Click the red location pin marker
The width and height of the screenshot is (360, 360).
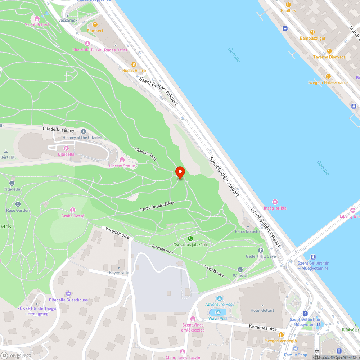coord(180,172)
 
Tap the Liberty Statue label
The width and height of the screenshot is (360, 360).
coord(122,166)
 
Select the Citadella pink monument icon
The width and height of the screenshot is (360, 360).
coord(66,148)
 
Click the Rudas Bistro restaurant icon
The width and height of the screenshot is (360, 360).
coord(134,64)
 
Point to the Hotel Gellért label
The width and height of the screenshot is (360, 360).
coord(262,310)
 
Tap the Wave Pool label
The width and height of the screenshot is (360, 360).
coord(218,319)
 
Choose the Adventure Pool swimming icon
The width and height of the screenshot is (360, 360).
coord(219,298)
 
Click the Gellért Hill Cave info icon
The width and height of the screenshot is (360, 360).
coord(261,250)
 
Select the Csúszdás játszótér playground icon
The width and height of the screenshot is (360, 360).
coord(190,239)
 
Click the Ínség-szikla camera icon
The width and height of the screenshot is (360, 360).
coord(275,202)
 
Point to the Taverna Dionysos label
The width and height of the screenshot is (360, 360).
coord(329,57)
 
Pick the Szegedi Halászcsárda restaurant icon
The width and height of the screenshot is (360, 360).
coord(328,76)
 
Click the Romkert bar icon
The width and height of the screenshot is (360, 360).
coord(95,24)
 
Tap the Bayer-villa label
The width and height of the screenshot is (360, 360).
coord(119,273)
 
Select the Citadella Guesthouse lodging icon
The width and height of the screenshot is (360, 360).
coord(68,294)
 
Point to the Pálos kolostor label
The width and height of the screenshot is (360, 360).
coord(248,231)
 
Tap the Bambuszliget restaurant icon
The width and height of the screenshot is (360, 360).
coord(312,32)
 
